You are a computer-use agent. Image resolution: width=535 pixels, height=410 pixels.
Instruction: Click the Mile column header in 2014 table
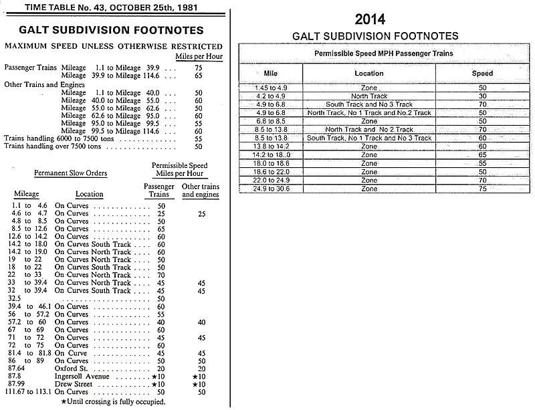click(x=274, y=73)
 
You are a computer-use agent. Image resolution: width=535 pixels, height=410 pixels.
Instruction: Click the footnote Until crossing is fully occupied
click(x=114, y=401)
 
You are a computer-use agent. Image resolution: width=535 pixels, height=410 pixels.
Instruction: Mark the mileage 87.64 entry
click(x=24, y=367)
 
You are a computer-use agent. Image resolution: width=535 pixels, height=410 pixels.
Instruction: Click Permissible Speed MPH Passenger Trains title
click(x=383, y=52)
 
